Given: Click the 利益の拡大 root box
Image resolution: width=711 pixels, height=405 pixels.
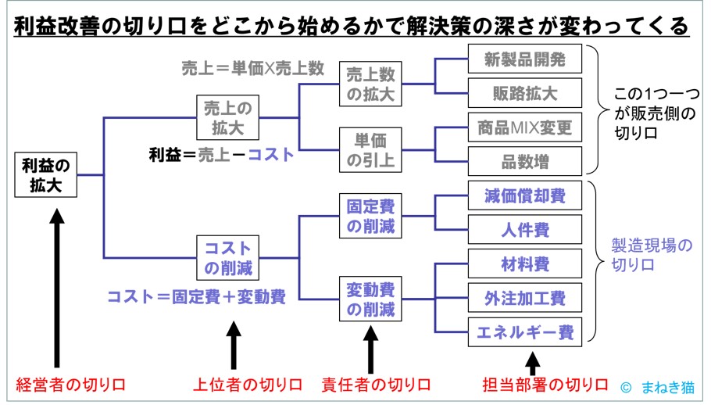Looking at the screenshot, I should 46,176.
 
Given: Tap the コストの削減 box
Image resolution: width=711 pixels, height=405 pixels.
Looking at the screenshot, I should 227,258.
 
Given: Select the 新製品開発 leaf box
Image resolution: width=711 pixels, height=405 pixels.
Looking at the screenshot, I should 524,59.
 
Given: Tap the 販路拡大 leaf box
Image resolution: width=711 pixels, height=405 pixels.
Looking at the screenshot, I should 524,93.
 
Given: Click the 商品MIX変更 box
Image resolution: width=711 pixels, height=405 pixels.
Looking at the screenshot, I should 524,127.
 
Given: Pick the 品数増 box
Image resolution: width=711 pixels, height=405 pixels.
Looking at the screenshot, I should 524,161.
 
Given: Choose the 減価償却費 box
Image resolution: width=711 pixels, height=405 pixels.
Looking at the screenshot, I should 524,195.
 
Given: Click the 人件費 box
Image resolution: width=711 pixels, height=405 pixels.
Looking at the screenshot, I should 524,230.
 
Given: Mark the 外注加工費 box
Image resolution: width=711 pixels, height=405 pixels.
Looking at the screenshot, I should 524,298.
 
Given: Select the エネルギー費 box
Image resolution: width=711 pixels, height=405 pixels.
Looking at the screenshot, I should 524,332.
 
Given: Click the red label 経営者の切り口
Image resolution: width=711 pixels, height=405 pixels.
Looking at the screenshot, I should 71,385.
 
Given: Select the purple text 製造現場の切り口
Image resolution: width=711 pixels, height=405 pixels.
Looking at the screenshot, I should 651,256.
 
